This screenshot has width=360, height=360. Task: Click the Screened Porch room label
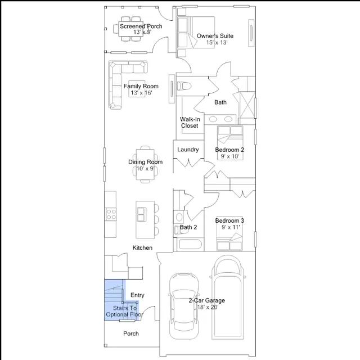(x=141, y=26)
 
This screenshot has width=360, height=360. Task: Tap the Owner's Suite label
(x=215, y=36)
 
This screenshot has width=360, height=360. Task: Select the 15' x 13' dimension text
(x=217, y=43)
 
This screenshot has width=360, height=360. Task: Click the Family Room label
(x=141, y=86)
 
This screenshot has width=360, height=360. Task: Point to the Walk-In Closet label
(x=190, y=123)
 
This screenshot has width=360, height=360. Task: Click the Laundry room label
(x=188, y=150)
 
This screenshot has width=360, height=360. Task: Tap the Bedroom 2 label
(x=229, y=150)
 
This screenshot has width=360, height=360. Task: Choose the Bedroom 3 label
(x=229, y=220)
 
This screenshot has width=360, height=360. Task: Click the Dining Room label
(x=145, y=162)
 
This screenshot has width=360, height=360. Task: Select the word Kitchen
(x=142, y=247)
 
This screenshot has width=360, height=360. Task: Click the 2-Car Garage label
(x=206, y=300)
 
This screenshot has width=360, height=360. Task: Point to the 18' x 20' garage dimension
(x=208, y=307)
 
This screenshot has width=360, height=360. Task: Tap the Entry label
(x=137, y=295)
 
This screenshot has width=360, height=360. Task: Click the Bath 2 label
(x=188, y=227)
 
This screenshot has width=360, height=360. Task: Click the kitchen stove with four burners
(x=111, y=214)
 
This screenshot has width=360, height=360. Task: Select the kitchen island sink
(x=141, y=214)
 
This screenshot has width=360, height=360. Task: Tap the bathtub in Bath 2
(x=190, y=244)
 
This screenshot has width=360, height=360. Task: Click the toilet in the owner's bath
(x=184, y=86)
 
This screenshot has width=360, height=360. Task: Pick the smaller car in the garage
(x=184, y=306)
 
